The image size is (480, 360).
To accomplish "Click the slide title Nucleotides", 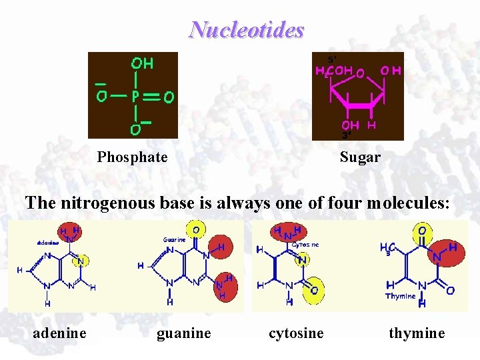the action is pyautogui.click(x=247, y=30).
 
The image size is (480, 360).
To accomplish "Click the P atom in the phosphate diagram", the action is pyautogui.click(x=135, y=97).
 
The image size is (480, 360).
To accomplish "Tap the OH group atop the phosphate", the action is pyautogui.click(x=142, y=64).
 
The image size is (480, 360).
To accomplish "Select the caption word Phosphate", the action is pyautogui.click(x=132, y=157).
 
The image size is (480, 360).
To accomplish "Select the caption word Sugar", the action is pyautogui.click(x=360, y=157).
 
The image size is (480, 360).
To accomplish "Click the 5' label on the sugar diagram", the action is pyautogui.click(x=331, y=59).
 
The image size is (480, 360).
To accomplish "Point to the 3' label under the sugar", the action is pyautogui.click(x=347, y=135).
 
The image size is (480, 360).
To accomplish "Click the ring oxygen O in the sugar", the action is pyautogui.click(x=360, y=72).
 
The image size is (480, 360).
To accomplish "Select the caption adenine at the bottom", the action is pyautogui.click(x=59, y=333).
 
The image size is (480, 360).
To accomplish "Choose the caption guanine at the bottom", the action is pyautogui.click(x=183, y=333).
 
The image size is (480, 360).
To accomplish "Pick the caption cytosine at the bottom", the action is pyautogui.click(x=296, y=333).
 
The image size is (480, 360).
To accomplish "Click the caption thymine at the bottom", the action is pyautogui.click(x=417, y=333).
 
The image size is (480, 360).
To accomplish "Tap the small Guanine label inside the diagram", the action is pyautogui.click(x=175, y=240).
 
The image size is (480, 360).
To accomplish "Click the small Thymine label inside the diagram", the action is pyautogui.click(x=400, y=296).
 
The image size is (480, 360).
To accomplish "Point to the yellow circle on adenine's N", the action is pyautogui.click(x=81, y=261).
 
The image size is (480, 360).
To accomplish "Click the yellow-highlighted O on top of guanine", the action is pyautogui.click(x=195, y=230).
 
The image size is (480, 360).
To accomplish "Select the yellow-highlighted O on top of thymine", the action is pyautogui.click(x=423, y=231).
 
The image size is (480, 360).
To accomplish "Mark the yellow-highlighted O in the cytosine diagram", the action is pyautogui.click(x=313, y=291).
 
